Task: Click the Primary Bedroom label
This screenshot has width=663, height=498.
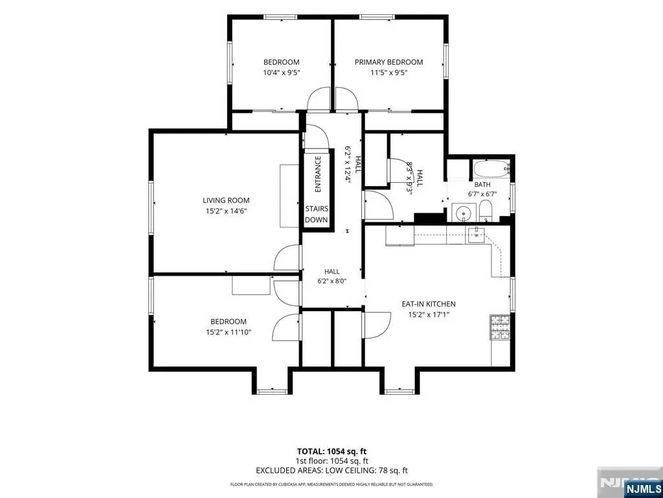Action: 388,62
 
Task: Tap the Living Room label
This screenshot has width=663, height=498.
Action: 226,201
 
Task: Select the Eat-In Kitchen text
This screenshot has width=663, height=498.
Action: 429,304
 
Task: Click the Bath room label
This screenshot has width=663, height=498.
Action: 482,185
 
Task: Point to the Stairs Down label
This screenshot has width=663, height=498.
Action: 317,214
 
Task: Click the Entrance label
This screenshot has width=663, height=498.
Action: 317,174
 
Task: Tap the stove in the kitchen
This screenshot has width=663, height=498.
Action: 500,327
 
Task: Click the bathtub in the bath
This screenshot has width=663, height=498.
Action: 492,170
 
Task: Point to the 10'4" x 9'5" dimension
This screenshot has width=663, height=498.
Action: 281,73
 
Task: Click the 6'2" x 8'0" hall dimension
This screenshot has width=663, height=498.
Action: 332,281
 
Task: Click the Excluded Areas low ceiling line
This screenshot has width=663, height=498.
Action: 331,470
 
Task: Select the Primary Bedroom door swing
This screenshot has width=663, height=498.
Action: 347,99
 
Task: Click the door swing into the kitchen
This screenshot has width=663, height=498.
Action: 377,326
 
